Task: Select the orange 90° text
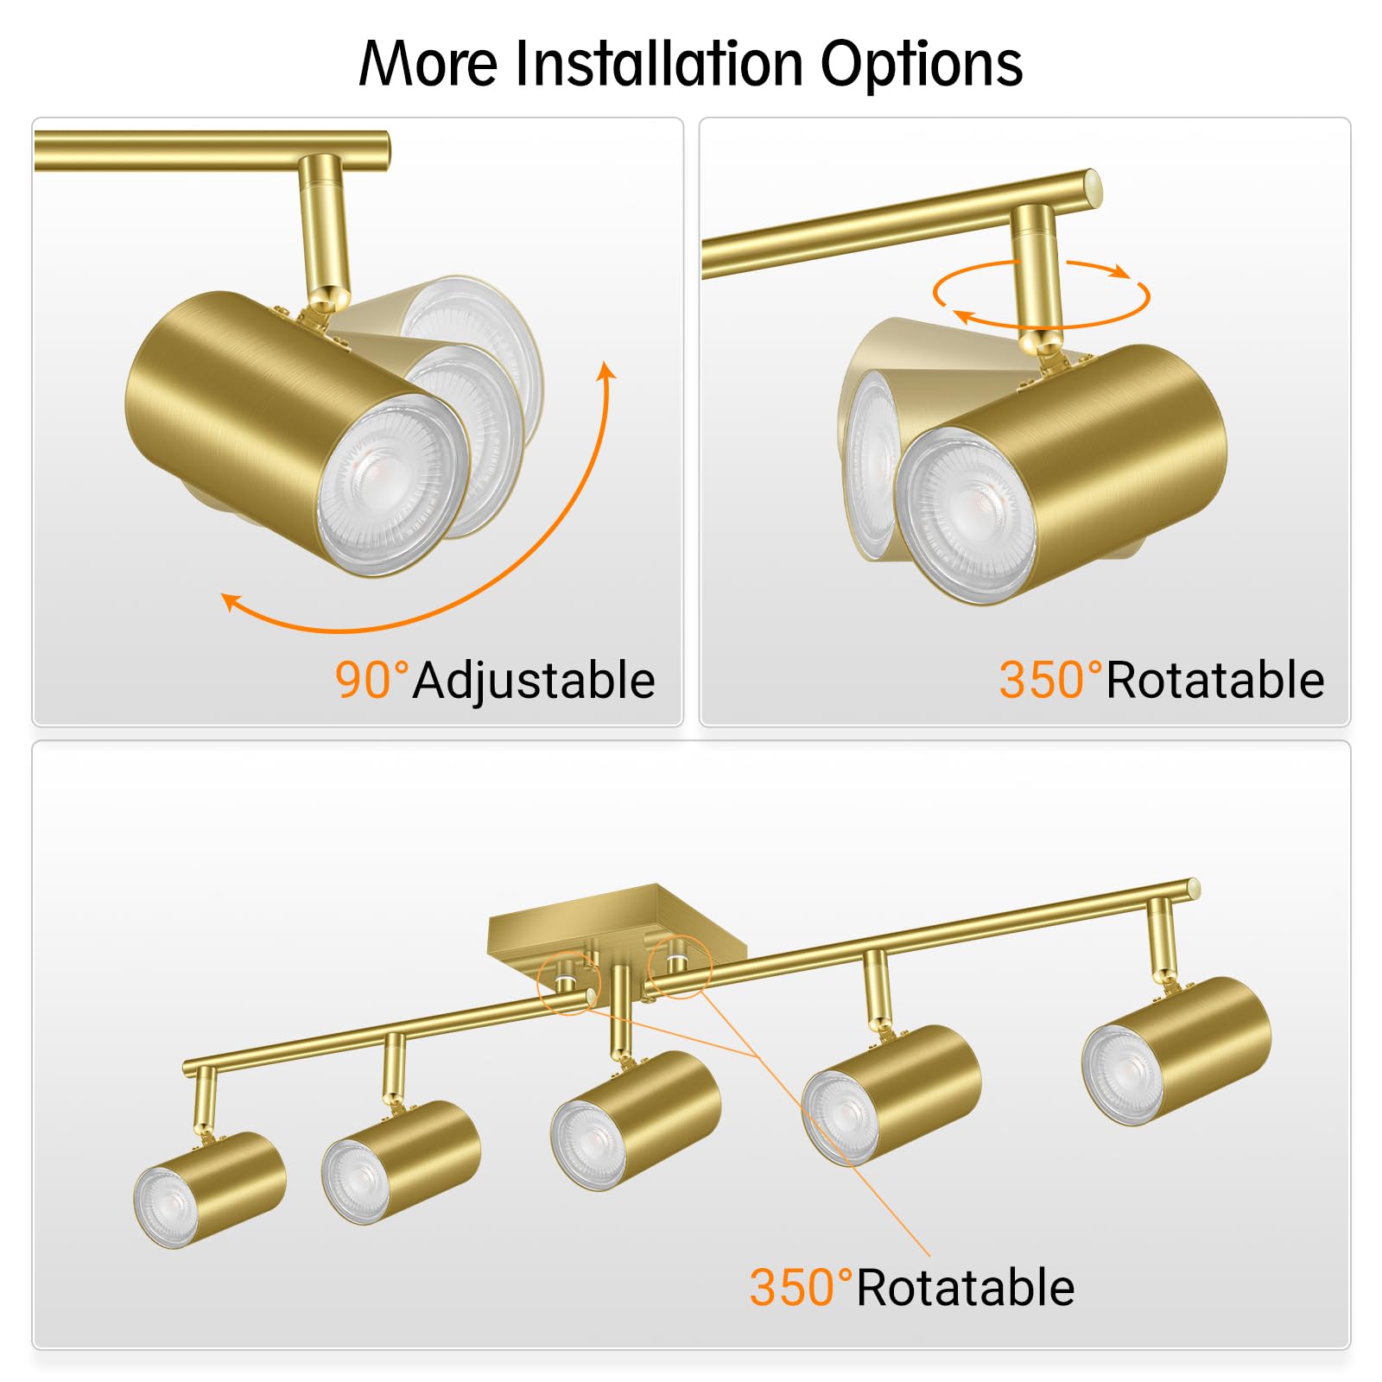point(371,680)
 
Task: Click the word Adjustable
point(534,681)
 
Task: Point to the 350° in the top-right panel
point(1050,680)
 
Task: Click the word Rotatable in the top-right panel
point(1214,680)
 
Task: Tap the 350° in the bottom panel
point(801,1288)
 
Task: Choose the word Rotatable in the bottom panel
point(965,1288)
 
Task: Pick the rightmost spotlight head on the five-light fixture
point(1176,1050)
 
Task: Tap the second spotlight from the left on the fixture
point(401,1161)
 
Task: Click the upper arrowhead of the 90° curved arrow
point(608,371)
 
